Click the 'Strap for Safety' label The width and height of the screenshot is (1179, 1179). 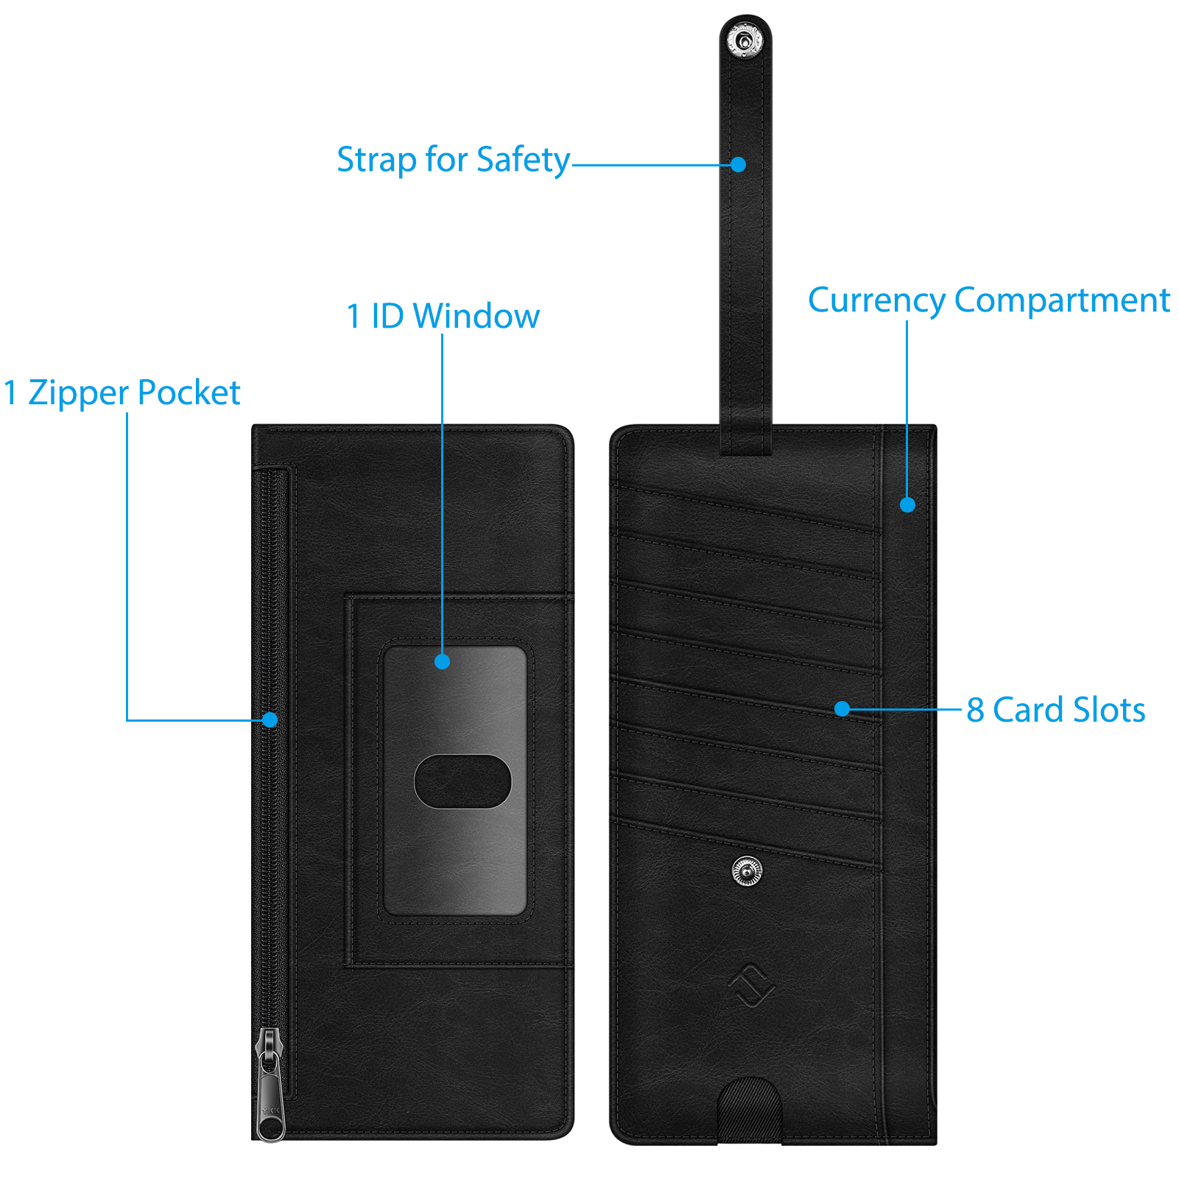click(x=453, y=160)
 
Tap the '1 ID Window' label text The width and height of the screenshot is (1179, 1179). click(x=443, y=316)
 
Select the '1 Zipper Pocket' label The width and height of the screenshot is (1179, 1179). click(x=122, y=393)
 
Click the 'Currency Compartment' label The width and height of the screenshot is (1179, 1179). click(x=989, y=300)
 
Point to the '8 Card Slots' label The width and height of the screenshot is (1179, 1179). click(x=1056, y=710)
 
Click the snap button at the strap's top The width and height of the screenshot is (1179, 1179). click(x=745, y=39)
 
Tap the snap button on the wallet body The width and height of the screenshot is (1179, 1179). click(x=747, y=871)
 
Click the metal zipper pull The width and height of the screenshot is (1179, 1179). click(x=270, y=1084)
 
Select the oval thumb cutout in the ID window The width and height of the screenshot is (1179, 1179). click(x=462, y=781)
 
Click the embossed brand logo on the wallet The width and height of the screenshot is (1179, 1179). click(x=751, y=986)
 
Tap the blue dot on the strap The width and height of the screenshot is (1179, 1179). click(x=739, y=164)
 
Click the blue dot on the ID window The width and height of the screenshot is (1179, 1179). click(x=442, y=661)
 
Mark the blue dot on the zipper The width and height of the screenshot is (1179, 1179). click(x=270, y=719)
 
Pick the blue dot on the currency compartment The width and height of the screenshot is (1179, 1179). click(x=907, y=504)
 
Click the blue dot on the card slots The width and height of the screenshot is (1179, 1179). click(x=842, y=708)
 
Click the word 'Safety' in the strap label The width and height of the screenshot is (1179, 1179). click(x=523, y=161)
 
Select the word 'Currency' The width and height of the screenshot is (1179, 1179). click(x=876, y=301)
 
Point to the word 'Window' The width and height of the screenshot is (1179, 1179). click(x=476, y=316)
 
